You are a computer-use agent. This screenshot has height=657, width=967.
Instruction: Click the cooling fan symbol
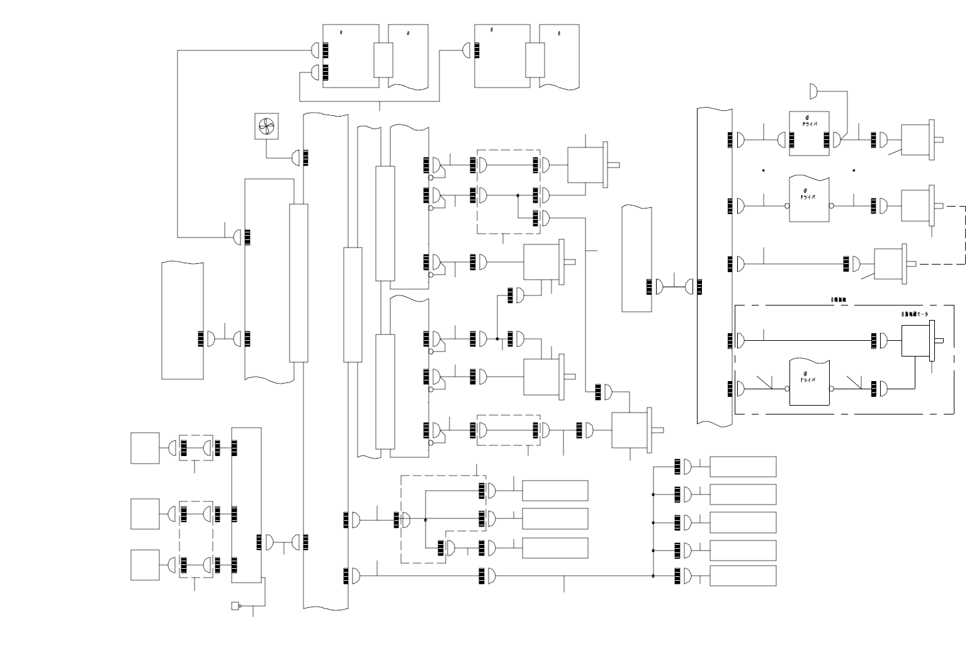[x=266, y=127]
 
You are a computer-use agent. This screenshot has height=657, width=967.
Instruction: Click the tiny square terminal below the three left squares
[x=235, y=606]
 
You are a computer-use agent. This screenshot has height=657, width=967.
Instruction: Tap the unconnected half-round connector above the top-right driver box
[x=813, y=92]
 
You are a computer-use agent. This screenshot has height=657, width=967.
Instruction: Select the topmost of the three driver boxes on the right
[x=809, y=134]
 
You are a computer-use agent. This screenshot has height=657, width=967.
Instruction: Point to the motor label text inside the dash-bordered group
[x=915, y=313]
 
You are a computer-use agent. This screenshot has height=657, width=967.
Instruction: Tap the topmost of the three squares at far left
[x=145, y=448]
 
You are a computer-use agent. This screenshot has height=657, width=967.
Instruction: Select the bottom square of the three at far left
[x=145, y=564]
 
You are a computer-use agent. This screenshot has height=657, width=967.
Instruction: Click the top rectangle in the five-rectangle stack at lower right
[x=743, y=467]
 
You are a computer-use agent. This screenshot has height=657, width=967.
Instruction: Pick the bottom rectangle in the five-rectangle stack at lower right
[x=743, y=576]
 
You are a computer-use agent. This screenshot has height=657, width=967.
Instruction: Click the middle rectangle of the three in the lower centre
[x=555, y=518]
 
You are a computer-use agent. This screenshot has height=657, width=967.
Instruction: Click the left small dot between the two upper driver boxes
[x=764, y=170]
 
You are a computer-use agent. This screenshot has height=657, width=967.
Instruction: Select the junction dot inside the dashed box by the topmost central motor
[x=518, y=195]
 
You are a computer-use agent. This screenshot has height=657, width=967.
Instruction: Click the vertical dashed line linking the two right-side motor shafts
[x=964, y=234]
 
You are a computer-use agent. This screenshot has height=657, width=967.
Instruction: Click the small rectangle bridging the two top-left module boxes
[x=383, y=60]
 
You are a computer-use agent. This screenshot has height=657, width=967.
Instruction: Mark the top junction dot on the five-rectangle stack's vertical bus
[x=653, y=494]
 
